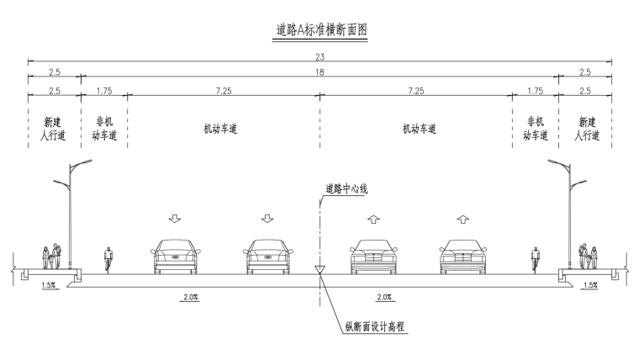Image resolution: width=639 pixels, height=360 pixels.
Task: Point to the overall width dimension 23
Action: pos(320,57)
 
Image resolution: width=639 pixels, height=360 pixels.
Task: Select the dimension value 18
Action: pos(320,74)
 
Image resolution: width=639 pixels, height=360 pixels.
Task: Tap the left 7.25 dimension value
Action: pos(223,89)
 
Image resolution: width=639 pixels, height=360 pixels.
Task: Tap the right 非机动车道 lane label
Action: pos(536,129)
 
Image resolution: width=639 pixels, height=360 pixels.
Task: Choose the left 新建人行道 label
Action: pos(54,129)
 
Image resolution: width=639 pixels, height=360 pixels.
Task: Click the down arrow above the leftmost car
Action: pos(175,220)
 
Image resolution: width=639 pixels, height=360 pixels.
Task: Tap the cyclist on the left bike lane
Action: pos(108,259)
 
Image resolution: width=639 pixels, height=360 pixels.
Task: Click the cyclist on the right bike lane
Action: pos(535,259)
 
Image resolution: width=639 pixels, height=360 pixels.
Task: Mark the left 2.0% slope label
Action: pos(191,297)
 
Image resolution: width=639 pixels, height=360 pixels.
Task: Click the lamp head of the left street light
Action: pos(83,161)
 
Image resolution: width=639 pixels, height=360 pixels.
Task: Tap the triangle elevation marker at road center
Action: pos(319,271)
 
